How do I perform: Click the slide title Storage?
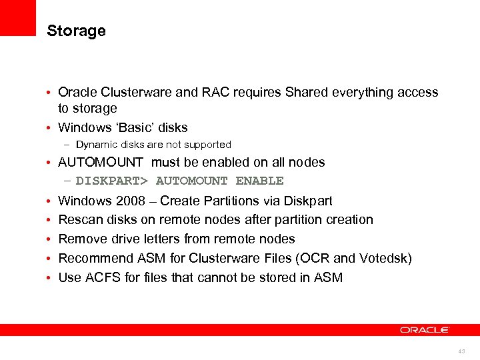pyautogui.click(x=76, y=31)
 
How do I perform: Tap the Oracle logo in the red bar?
pyautogui.click(x=425, y=330)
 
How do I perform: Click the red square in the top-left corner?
pyautogui.click(x=17, y=17)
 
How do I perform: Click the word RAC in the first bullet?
pyautogui.click(x=211, y=93)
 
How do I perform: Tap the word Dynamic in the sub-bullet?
pyautogui.click(x=96, y=145)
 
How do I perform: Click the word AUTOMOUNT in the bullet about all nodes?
pyautogui.click(x=101, y=162)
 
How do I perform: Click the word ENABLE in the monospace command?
pyautogui.click(x=259, y=181)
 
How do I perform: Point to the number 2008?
pyautogui.click(x=131, y=201)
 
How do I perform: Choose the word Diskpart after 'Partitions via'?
pyautogui.click(x=308, y=201)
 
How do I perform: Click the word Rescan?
pyautogui.click(x=79, y=219)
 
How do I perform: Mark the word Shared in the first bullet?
pyautogui.click(x=307, y=93)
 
